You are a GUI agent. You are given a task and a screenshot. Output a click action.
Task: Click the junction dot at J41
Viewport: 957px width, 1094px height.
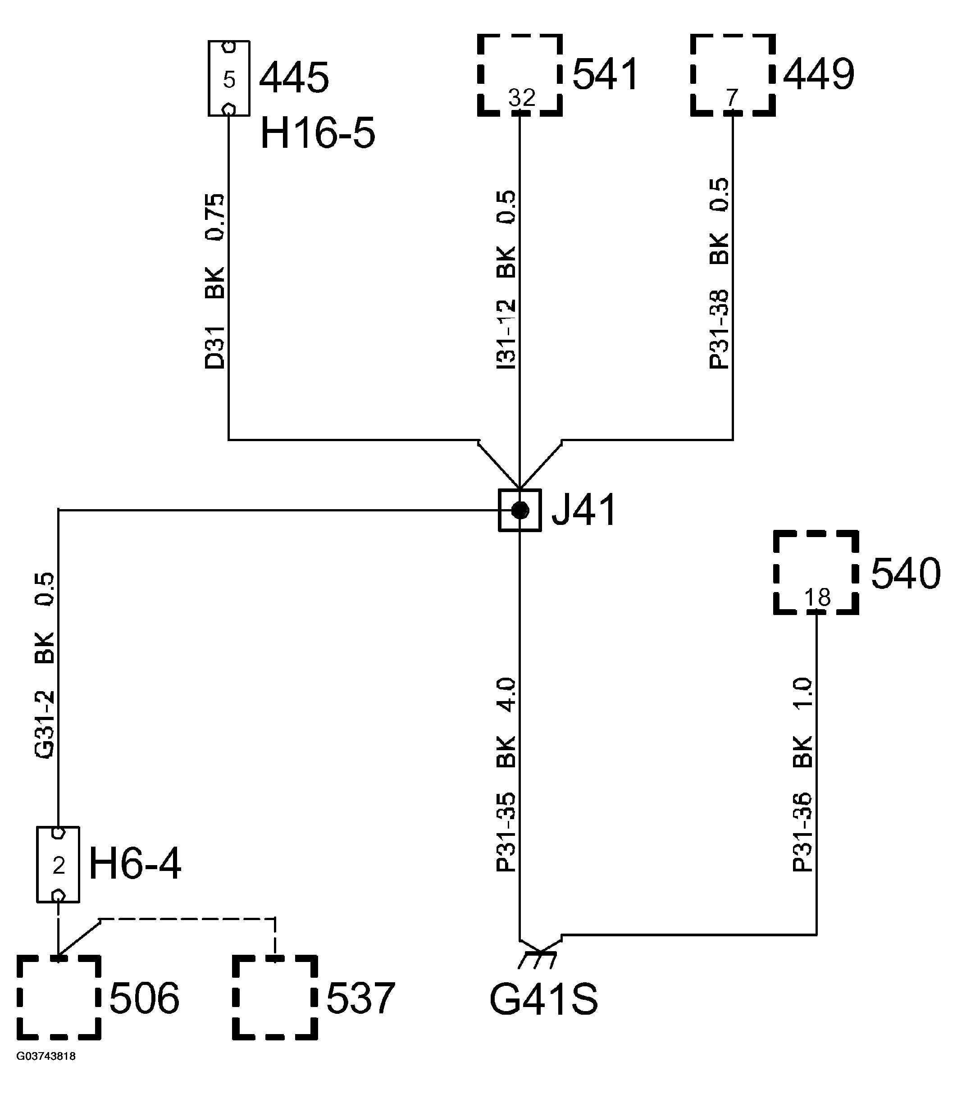point(520,511)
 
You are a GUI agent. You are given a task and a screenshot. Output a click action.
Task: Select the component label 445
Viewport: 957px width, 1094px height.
point(294,77)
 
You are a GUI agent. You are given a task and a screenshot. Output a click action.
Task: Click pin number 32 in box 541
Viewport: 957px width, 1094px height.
point(521,98)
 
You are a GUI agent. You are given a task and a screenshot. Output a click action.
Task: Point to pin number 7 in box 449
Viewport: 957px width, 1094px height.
point(732,98)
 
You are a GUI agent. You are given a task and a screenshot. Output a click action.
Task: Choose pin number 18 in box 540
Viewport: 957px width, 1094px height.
point(817,597)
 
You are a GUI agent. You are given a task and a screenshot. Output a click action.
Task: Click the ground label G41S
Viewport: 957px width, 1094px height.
point(544,1000)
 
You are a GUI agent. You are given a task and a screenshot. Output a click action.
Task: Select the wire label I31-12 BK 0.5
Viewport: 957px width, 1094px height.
point(506,280)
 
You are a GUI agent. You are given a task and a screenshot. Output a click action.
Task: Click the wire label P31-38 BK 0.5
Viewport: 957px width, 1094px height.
point(719,273)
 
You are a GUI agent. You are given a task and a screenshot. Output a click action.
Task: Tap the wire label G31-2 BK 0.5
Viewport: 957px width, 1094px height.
point(45,665)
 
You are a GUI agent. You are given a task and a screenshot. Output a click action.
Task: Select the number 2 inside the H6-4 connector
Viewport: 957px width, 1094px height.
point(58,866)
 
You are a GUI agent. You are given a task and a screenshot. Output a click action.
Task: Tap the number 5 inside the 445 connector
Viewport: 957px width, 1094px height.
point(229,80)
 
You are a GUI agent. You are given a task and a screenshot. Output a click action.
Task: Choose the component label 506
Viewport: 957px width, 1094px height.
point(144,999)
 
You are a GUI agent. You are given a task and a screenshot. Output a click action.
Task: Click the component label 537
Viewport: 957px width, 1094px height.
point(360,999)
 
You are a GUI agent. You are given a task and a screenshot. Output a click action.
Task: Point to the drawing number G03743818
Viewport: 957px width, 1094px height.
point(46,1057)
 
